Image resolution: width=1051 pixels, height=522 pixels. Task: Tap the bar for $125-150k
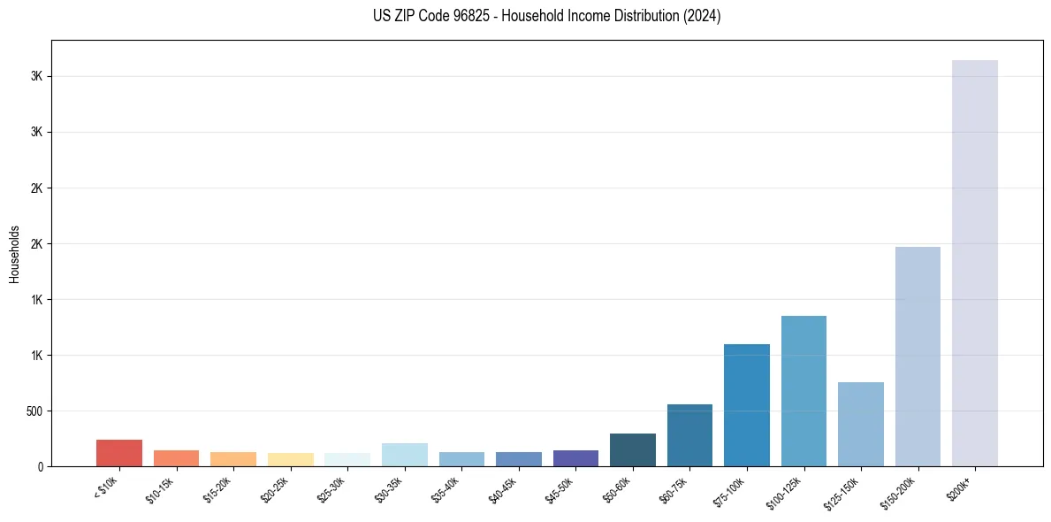(x=860, y=424)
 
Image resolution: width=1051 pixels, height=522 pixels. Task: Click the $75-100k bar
(x=746, y=405)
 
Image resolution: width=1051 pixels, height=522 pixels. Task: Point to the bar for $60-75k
(x=689, y=435)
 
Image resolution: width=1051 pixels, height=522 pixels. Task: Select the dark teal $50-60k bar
(x=632, y=449)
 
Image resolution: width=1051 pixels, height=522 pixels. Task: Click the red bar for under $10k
(x=119, y=453)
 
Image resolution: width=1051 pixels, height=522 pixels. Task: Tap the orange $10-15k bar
(x=176, y=458)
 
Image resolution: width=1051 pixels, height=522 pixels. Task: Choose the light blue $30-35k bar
(x=404, y=455)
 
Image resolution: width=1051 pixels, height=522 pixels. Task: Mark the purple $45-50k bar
(x=575, y=458)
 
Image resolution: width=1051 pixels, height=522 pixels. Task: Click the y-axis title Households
(x=15, y=254)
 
